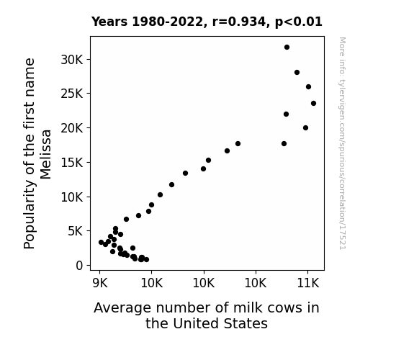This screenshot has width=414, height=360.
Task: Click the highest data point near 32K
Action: click(x=287, y=48)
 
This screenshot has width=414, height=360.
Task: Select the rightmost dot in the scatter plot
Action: click(x=313, y=103)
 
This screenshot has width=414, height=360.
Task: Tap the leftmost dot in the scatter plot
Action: click(x=101, y=242)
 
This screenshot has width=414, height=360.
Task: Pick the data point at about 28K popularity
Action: click(x=297, y=73)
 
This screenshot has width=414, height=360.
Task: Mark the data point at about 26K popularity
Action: click(x=308, y=86)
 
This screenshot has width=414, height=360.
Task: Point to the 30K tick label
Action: click(x=72, y=60)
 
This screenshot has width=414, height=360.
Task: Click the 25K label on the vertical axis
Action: click(x=72, y=94)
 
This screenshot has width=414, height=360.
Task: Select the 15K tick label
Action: click(x=72, y=163)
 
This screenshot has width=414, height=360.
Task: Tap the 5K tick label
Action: click(x=76, y=231)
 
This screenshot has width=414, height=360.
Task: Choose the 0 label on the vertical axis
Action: click(x=79, y=266)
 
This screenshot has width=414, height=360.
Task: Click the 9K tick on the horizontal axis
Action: click(x=100, y=283)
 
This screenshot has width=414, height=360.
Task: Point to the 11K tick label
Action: click(x=308, y=283)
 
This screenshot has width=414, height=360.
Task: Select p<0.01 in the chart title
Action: click(x=299, y=22)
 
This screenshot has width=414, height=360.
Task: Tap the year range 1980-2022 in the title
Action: click(x=167, y=22)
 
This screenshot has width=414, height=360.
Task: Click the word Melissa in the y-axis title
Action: click(x=45, y=154)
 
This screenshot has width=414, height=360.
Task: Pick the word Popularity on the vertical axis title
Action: click(x=30, y=214)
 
